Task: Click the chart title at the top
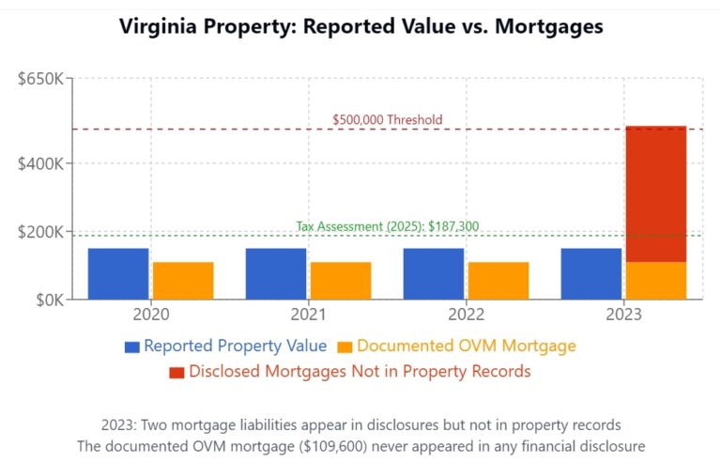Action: [x=360, y=26]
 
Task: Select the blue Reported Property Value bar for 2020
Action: [x=118, y=273]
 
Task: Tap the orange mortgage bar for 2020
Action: [x=183, y=281]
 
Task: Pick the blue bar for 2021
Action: [x=276, y=273]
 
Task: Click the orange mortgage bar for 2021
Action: [x=341, y=281]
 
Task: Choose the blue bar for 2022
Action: [x=434, y=273]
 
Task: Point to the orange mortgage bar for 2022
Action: [x=499, y=281]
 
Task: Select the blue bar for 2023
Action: [x=591, y=273]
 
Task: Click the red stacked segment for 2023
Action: [x=656, y=193]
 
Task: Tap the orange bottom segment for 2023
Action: [x=656, y=281]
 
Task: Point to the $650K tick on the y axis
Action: [x=40, y=78]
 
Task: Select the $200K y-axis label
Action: [x=40, y=232]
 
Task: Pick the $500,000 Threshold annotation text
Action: [x=387, y=120]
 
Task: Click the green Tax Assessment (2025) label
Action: [x=388, y=226]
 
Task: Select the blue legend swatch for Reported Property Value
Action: [x=132, y=346]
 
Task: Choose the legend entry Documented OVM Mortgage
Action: [x=466, y=346]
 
